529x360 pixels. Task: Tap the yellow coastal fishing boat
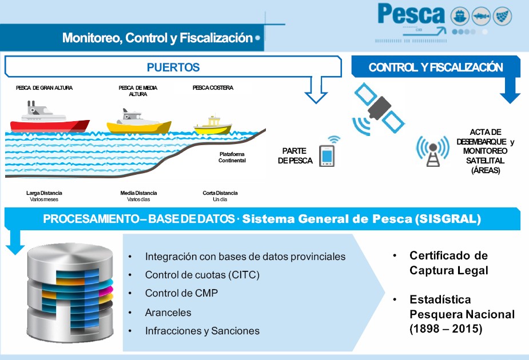(212, 126)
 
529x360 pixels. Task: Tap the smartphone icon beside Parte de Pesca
(327, 155)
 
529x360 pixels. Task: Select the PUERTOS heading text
(173, 67)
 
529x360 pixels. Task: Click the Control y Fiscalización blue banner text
(436, 67)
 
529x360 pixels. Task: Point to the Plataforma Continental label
(232, 157)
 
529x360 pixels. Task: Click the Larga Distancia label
(44, 193)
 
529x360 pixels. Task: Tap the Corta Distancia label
(220, 193)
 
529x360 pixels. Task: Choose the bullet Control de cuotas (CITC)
(202, 275)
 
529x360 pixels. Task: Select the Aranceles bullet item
(168, 313)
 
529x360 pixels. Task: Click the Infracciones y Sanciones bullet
(202, 331)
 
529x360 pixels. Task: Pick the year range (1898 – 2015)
(446, 329)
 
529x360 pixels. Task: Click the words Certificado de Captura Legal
(448, 263)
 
